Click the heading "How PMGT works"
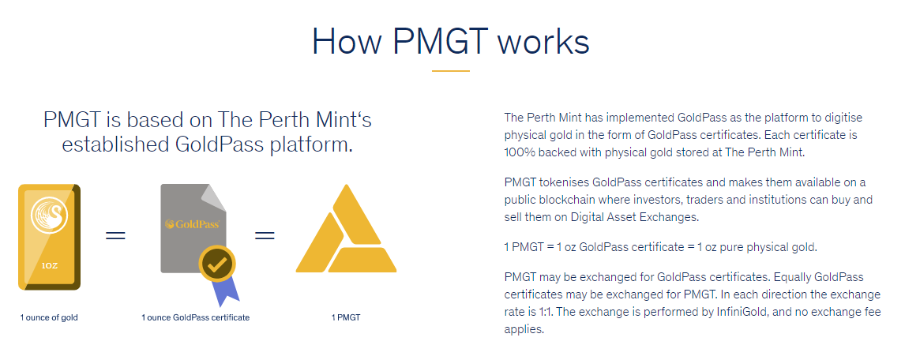click(x=451, y=42)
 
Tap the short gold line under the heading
click(x=451, y=71)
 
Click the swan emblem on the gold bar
click(x=49, y=216)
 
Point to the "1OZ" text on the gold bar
click(x=49, y=265)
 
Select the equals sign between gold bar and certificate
click(x=115, y=236)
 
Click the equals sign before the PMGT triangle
click(x=265, y=236)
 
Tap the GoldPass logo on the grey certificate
click(x=193, y=223)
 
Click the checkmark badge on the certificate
click(x=217, y=264)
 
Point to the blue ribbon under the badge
click(x=225, y=291)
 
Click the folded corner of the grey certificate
click(x=214, y=198)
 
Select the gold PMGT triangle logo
click(x=346, y=229)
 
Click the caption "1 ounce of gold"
click(x=49, y=318)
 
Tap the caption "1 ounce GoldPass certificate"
click(x=195, y=318)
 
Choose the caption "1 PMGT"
click(x=346, y=318)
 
